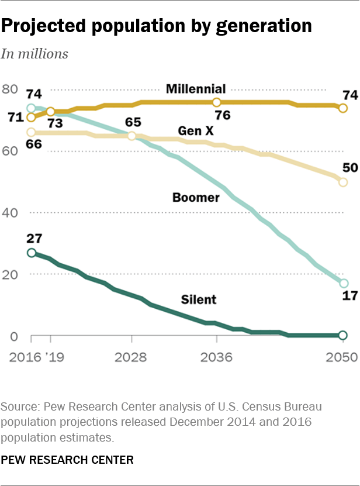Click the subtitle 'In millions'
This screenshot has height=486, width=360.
(34, 54)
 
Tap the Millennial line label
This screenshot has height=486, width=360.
(195, 89)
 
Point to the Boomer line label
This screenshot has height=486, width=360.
(196, 198)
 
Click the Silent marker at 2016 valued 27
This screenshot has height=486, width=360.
(32, 253)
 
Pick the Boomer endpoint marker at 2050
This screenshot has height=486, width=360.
(343, 284)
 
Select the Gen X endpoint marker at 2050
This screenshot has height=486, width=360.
(343, 182)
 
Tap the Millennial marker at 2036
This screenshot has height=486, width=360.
(217, 102)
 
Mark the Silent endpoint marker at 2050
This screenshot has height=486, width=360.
(343, 335)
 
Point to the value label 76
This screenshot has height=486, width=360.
(222, 115)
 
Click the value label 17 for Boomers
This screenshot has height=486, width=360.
(349, 297)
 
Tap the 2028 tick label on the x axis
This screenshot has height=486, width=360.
(132, 358)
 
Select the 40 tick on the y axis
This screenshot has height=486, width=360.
(10, 212)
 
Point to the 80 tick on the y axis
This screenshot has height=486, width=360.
(10, 89)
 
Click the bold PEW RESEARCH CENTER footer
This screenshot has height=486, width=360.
(67, 460)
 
